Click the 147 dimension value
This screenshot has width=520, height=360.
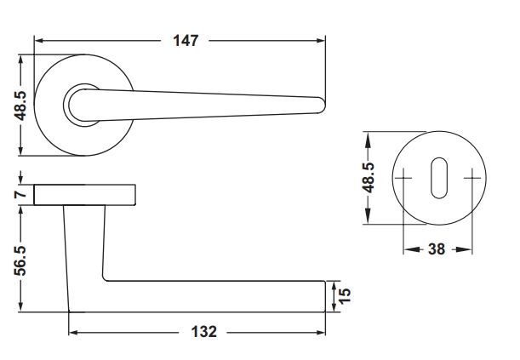(186, 41)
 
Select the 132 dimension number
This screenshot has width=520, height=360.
(203, 332)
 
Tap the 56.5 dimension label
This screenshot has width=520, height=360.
(20, 260)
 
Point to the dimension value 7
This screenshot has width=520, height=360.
(20, 193)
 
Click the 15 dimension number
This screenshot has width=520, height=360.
(345, 295)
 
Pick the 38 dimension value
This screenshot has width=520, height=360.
(437, 249)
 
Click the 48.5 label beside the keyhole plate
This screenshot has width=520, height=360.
(368, 178)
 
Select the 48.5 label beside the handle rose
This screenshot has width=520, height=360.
(20, 106)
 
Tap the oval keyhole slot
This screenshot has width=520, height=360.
(439, 178)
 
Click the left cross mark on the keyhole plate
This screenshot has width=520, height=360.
(403, 179)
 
